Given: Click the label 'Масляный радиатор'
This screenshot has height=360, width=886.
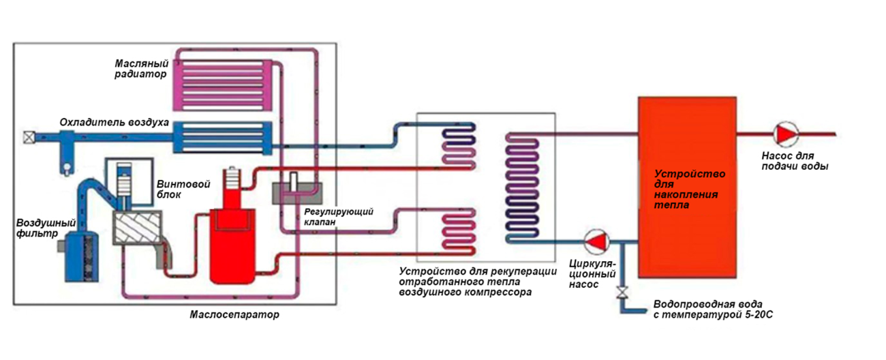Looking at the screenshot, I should tap(140, 68).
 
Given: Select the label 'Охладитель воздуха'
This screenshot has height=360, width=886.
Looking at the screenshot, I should tap(114, 123).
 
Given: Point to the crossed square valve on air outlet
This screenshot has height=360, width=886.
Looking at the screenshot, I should tap(29, 136).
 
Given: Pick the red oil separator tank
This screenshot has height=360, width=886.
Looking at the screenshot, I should tap(232, 242).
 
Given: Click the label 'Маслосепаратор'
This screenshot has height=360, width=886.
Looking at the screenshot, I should tap(234, 316).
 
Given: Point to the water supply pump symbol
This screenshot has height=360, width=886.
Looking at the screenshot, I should tap(786, 134).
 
